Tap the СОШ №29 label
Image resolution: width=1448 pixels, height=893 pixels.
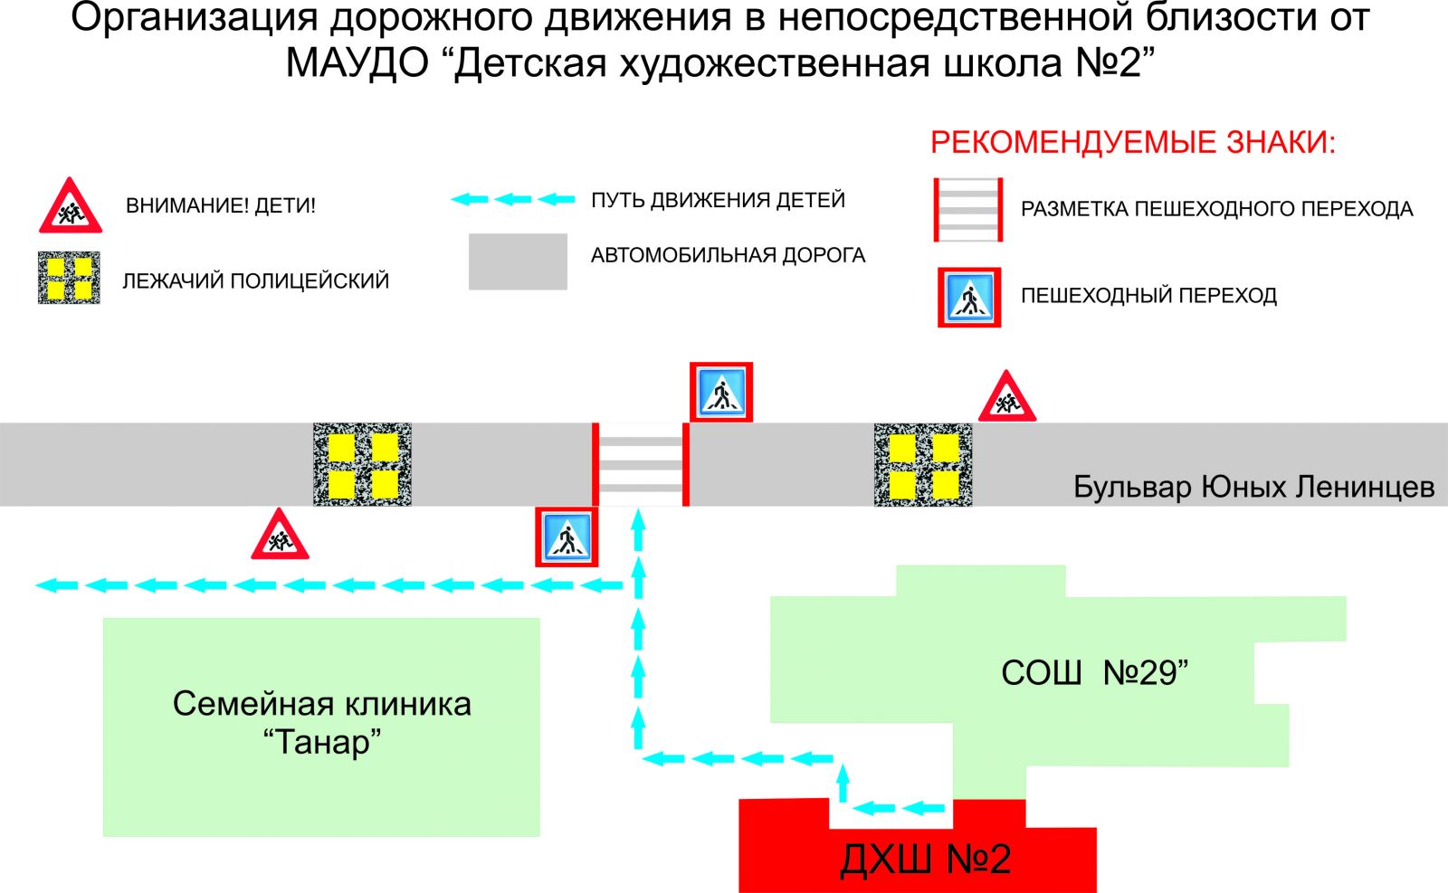1093,673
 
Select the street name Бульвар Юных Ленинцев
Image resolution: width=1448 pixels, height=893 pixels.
1253,487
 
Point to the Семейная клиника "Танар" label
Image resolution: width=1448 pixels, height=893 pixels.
322,722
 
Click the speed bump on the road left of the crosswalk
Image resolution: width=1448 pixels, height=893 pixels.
362,464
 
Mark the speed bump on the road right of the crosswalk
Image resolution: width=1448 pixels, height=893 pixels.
923,464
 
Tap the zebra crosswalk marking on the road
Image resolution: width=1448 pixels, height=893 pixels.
641,464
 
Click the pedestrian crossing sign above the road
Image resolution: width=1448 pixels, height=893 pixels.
721,393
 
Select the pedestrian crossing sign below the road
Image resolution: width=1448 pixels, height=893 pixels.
567,538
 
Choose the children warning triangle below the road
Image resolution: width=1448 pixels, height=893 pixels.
280,537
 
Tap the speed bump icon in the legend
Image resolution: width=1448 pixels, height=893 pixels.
69,278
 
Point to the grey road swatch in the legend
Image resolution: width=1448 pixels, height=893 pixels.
518,261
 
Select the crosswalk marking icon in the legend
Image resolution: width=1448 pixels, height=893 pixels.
968,210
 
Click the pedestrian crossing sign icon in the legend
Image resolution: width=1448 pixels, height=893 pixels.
969,297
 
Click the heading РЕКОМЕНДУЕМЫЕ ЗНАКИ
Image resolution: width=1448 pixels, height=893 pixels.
1133,143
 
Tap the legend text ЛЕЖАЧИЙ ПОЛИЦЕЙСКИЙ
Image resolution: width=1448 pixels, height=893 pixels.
256,280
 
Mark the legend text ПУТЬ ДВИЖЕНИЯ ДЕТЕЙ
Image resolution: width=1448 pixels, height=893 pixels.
718,200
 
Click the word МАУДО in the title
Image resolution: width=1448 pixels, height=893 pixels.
357,63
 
